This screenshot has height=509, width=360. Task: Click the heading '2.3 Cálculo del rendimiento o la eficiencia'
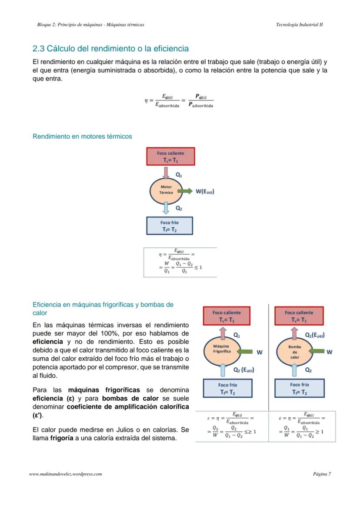click(110, 48)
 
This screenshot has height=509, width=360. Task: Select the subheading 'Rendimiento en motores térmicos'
click(82, 136)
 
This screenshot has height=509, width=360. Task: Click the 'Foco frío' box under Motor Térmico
click(170, 226)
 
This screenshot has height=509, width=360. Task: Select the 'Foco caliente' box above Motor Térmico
click(170, 156)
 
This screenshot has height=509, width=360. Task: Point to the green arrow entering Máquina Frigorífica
click(245, 351)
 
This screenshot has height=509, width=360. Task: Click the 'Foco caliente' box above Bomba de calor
click(299, 316)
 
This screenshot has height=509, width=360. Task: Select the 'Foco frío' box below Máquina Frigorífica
click(227, 388)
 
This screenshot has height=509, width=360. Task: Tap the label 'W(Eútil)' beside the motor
click(205, 191)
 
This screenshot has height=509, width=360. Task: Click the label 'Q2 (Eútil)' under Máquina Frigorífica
click(244, 370)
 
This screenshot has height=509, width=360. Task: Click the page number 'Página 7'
click(322, 474)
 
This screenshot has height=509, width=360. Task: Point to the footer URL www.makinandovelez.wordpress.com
click(66, 474)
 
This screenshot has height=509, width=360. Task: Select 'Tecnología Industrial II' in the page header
click(299, 25)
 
